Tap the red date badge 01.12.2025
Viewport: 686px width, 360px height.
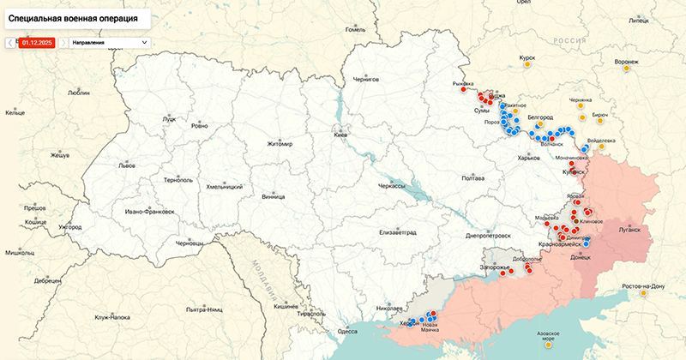point(38,41)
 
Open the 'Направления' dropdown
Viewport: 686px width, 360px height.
point(109,41)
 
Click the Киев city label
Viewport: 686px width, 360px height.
point(340,135)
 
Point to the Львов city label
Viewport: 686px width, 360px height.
point(126,165)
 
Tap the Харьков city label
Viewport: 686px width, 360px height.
point(529,157)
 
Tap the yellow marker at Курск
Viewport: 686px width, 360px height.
point(528,65)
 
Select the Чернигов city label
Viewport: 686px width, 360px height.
point(366,79)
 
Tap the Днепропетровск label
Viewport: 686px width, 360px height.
point(488,235)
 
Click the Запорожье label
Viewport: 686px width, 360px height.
point(496,267)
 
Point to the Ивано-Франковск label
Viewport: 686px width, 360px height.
point(150,211)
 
